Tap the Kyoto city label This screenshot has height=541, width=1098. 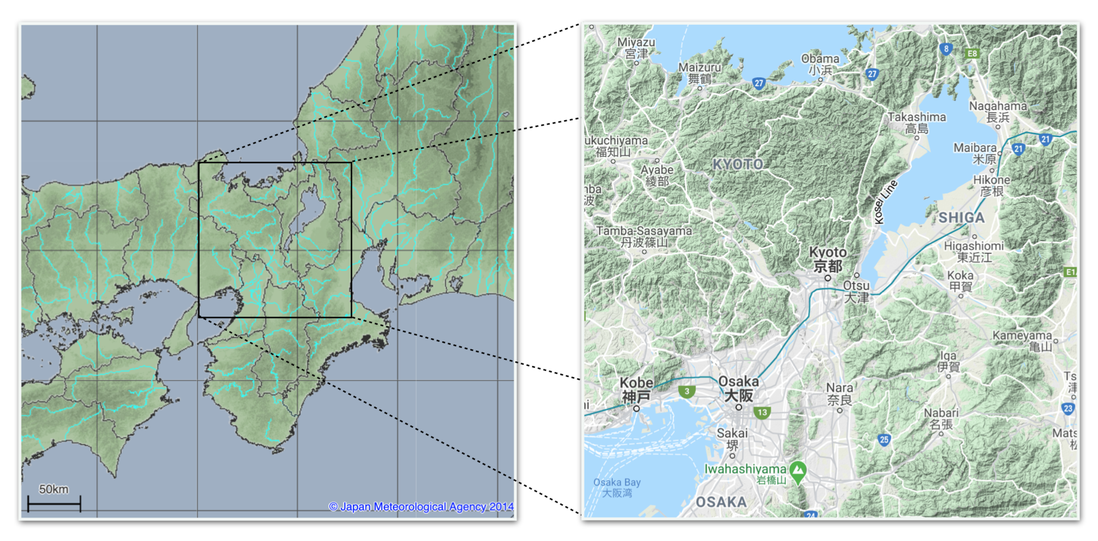(x=828, y=260)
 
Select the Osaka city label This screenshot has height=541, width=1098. (x=739, y=388)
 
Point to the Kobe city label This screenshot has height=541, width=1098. (x=636, y=389)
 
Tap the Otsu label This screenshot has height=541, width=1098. (x=856, y=291)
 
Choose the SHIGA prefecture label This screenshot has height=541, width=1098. (x=962, y=218)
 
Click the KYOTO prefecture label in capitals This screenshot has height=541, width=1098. (x=738, y=164)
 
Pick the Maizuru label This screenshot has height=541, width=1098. (x=700, y=73)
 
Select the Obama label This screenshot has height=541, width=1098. (x=820, y=64)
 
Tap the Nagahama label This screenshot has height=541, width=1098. (x=998, y=111)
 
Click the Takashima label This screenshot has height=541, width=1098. (x=917, y=122)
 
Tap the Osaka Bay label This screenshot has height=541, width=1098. (x=617, y=487)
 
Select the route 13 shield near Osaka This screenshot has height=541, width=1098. (x=762, y=412)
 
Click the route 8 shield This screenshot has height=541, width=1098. (x=946, y=49)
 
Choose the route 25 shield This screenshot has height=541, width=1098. (x=884, y=440)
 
